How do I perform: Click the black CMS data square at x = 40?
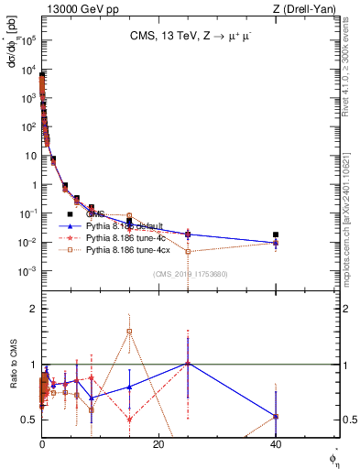276,234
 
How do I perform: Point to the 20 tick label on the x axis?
158,444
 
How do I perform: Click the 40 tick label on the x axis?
276,444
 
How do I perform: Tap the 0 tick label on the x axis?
42,444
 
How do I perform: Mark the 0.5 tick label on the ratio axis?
28,420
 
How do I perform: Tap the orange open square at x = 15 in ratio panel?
130,331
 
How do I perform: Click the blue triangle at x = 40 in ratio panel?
276,416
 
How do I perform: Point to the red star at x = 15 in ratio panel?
130,420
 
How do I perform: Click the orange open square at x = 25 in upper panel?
188,251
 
